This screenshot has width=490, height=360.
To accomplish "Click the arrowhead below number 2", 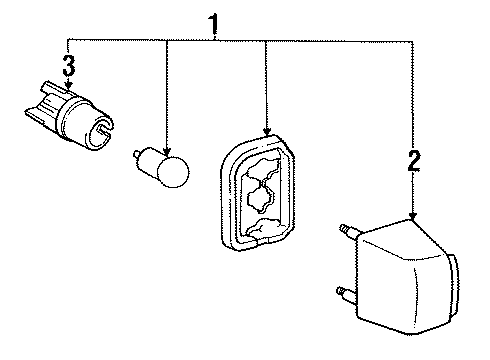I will click(x=413, y=214).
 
